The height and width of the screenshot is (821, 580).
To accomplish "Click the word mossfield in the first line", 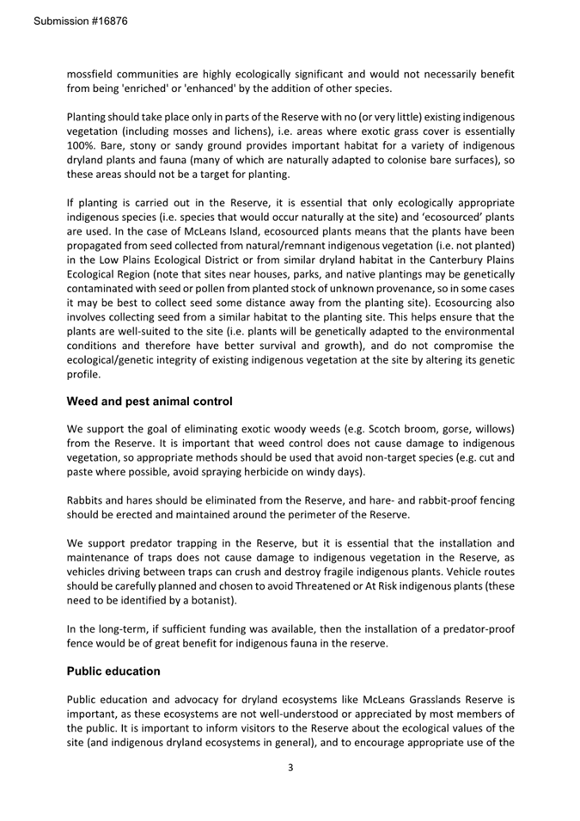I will pyautogui.click(x=94, y=74).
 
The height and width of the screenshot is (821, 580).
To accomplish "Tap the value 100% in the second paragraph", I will pyautogui.click(x=82, y=145).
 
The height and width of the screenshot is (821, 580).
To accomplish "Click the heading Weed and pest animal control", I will pyautogui.click(x=150, y=401).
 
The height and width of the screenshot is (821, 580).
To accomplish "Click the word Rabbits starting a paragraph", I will pyautogui.click(x=88, y=499).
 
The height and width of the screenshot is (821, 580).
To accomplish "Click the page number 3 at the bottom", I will pyautogui.click(x=290, y=767).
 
